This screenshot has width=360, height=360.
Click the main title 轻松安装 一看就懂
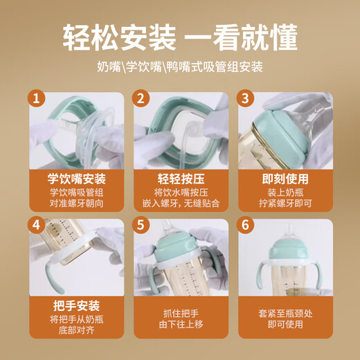(180, 37)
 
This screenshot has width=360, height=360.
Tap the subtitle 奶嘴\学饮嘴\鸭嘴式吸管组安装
(180, 69)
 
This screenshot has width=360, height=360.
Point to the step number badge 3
(246, 99)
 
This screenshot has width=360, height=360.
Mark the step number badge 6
(246, 226)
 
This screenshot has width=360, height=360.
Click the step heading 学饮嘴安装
(76, 178)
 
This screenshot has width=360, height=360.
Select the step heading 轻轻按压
(180, 178)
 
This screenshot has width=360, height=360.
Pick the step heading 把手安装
(76, 305)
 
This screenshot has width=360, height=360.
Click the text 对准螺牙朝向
(76, 205)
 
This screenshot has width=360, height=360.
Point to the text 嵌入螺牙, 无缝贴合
(180, 205)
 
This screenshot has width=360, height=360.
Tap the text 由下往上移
(180, 332)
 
